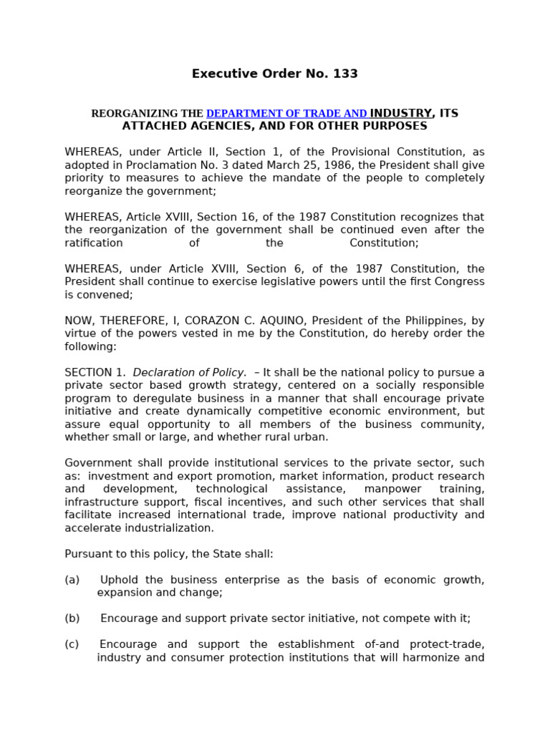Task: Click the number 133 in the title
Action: click(x=344, y=74)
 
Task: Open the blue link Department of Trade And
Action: click(x=286, y=114)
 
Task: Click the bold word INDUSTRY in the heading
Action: click(x=401, y=113)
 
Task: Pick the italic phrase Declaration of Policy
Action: click(x=190, y=372)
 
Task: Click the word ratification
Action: click(x=94, y=243)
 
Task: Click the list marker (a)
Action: click(x=72, y=580)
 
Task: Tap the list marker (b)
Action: click(x=72, y=618)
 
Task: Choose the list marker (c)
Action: click(x=72, y=644)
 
